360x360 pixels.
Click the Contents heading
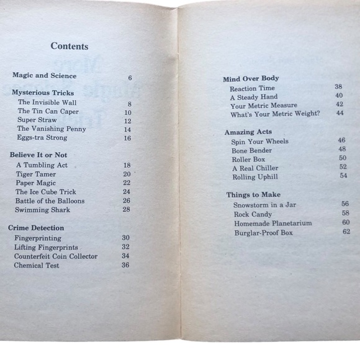tap(70, 46)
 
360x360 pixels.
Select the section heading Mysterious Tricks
tap(43, 92)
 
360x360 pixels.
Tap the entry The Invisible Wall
tap(47, 102)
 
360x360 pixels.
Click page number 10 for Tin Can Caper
tap(128, 112)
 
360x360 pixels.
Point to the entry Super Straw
tap(37, 120)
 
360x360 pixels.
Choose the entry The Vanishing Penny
tap(52, 129)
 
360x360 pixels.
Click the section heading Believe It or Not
tap(38, 155)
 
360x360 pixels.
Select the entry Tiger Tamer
tap(36, 174)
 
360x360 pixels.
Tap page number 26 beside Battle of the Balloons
tap(127, 201)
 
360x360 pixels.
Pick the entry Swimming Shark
tap(42, 210)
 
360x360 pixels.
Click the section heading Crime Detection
tap(36, 228)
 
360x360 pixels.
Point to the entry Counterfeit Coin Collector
tap(56, 256)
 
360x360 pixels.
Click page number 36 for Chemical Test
tap(125, 265)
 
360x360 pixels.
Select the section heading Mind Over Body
tap(251, 78)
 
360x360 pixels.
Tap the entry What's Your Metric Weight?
tap(275, 114)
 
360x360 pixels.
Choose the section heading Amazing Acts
tap(248, 132)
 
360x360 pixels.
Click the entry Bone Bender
tap(251, 150)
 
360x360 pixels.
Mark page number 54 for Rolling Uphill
tap(343, 176)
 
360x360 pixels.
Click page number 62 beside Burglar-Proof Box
tap(346, 232)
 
